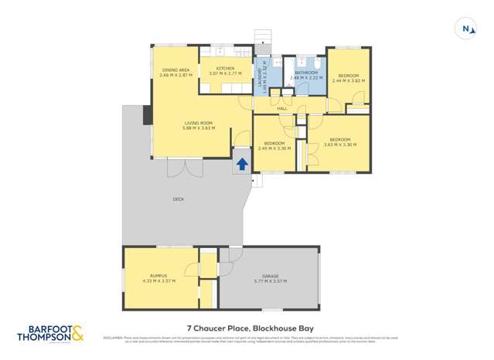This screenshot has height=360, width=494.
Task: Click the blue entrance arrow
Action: tap(242, 164)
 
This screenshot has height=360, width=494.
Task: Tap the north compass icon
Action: tap(467, 29)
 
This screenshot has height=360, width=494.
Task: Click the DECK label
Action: tap(179, 199)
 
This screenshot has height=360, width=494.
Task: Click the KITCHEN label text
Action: tap(226, 68)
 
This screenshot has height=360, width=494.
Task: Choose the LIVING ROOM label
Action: tap(198, 122)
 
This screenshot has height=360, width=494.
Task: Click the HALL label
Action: tap(282, 108)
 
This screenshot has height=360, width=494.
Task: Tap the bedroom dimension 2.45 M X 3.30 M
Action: tap(277, 148)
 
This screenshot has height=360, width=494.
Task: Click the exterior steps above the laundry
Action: tap(264, 38)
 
